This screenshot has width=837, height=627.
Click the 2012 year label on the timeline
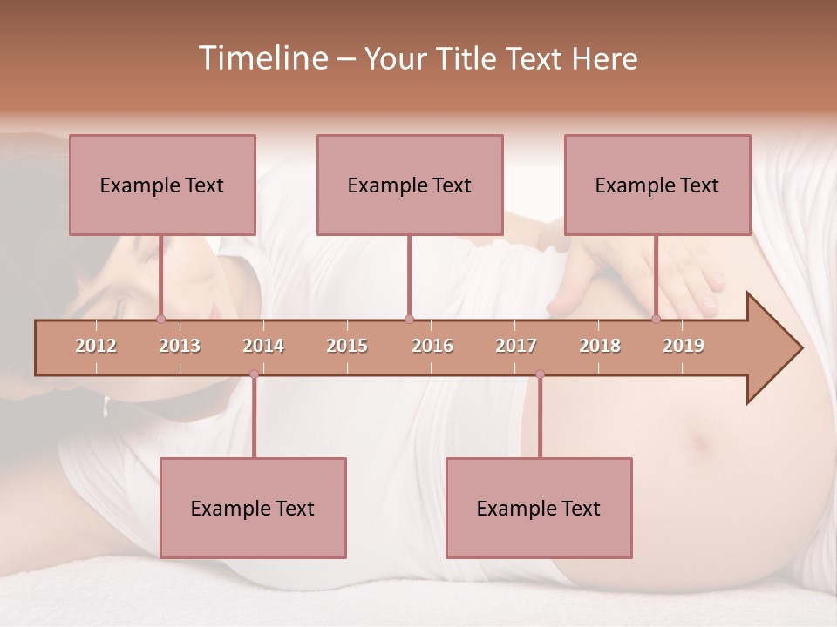tap(96, 346)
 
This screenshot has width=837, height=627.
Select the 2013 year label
tap(180, 346)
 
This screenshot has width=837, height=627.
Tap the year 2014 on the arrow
tap(263, 346)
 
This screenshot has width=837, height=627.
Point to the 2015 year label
tap(347, 346)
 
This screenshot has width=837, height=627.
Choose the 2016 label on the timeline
tap(432, 346)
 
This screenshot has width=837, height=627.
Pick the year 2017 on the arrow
tap(516, 346)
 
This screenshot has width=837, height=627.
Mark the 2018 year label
tap(600, 346)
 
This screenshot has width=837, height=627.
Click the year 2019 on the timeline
tap(684, 346)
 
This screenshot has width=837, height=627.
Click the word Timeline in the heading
tap(262, 58)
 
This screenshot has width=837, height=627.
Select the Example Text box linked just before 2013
tap(162, 185)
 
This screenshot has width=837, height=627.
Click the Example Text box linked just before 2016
tap(410, 185)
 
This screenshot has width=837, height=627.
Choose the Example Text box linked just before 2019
tap(657, 185)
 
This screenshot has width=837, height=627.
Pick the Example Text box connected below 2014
tap(253, 508)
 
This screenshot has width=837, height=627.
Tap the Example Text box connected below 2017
tap(539, 508)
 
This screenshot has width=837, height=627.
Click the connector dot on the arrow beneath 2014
tap(254, 374)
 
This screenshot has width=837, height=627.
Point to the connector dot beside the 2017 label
tap(540, 374)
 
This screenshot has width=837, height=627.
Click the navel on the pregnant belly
tap(699, 442)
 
